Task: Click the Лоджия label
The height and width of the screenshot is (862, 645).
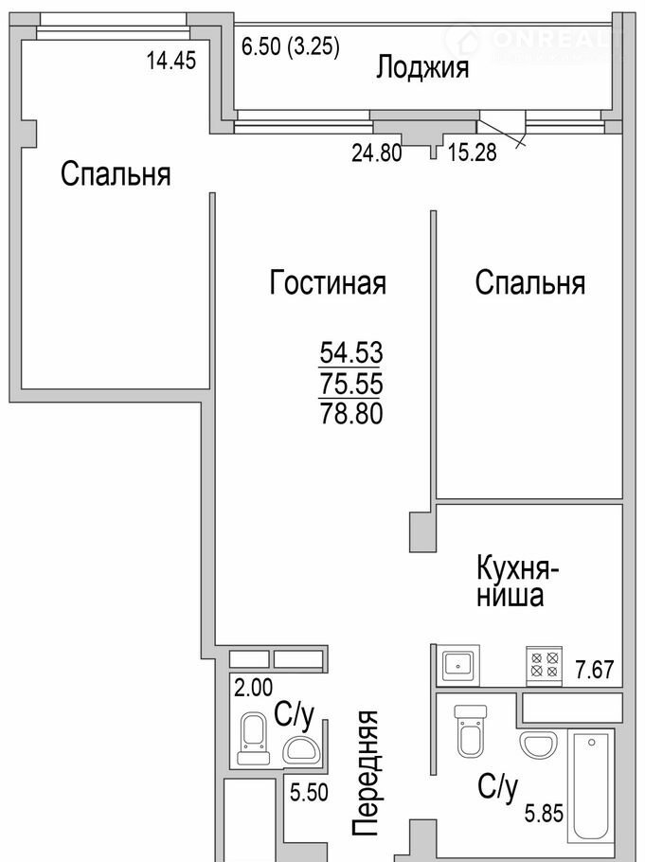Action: tap(422, 69)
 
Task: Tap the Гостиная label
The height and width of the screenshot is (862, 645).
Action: tap(328, 282)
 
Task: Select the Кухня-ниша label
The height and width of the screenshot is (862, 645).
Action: tap(517, 582)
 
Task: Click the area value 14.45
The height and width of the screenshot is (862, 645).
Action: tap(171, 60)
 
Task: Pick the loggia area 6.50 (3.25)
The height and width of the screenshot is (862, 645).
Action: tap(291, 46)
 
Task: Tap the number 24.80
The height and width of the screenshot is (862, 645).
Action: tap(377, 153)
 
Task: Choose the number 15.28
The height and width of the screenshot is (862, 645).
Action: tap(472, 153)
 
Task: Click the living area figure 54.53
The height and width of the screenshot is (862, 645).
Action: tap(351, 352)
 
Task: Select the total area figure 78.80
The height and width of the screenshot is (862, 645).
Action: tap(351, 414)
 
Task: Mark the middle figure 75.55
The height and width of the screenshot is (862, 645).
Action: tap(351, 384)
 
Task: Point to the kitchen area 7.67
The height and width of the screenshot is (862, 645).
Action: tap(595, 670)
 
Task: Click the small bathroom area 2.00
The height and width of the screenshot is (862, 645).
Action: tap(254, 687)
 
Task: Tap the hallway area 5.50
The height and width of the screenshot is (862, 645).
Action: tap(309, 792)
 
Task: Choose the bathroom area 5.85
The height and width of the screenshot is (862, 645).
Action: tap(544, 813)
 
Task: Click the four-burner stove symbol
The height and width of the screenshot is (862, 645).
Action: tap(545, 665)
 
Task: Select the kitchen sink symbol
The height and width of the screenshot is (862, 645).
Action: tap(458, 665)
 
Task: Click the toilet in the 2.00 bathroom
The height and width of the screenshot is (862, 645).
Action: tap(253, 738)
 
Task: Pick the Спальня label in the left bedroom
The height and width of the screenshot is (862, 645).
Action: tap(116, 174)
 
